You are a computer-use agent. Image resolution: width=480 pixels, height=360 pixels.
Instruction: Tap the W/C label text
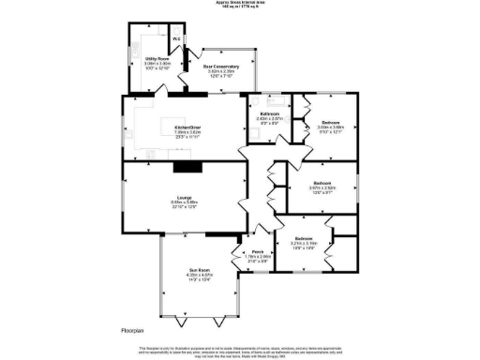pyautogui.click(x=175, y=38)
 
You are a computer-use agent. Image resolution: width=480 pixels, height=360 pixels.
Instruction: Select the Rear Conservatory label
pyautogui.click(x=221, y=67)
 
